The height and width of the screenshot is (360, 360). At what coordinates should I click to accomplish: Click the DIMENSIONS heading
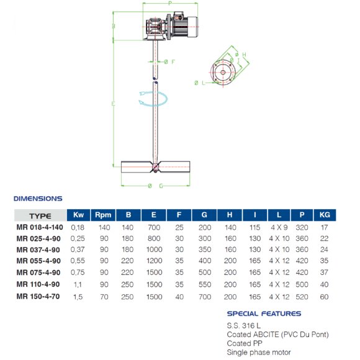pyautogui.click(x=38, y=199)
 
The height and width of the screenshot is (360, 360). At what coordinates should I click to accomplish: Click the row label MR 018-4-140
pyautogui.click(x=40, y=228)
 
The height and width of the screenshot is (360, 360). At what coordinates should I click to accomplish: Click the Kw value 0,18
pyautogui.click(x=78, y=228)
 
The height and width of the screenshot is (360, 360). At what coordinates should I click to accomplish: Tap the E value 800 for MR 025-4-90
pyautogui.click(x=153, y=238)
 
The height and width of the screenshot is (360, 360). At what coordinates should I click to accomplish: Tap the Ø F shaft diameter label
pyautogui.click(x=169, y=61)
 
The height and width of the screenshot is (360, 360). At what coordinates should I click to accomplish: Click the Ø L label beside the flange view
pyautogui.click(x=198, y=83)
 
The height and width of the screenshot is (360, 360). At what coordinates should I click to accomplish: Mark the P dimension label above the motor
pyautogui.click(x=169, y=4)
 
